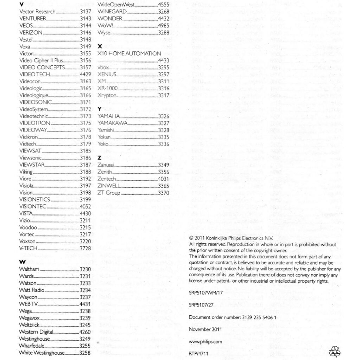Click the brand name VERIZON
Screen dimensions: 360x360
[x=31, y=32]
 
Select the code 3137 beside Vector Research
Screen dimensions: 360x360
[x=85, y=12]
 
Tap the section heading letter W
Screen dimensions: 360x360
[x=22, y=262]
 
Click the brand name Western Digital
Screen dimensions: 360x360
[x=36, y=332]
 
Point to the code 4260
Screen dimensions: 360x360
[x=85, y=332]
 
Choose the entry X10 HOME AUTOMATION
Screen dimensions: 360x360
[x=129, y=53]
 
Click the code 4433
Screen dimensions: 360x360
[x=163, y=60]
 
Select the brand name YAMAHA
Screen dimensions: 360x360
[x=109, y=116]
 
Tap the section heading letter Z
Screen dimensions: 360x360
[x=99, y=158]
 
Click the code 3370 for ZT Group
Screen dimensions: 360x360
[x=163, y=193]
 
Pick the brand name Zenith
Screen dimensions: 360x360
[x=105, y=172]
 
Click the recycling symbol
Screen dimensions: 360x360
[x=334, y=351]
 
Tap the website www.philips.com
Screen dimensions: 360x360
[x=205, y=341]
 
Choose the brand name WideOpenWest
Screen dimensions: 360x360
[x=116, y=5]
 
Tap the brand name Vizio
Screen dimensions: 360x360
[x=25, y=220]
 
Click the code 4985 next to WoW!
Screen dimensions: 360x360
[x=163, y=26]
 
